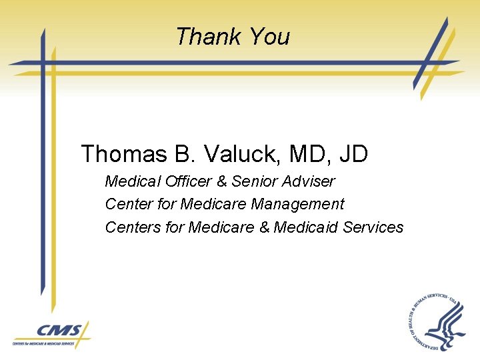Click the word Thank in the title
pos(201,36)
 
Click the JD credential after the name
pos(353,155)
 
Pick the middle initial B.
pos(182,155)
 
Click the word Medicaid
pos(306,227)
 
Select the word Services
pos(373,227)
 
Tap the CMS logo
pos(51,335)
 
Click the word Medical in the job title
pos(133,181)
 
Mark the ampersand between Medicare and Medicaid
pos(264,227)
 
